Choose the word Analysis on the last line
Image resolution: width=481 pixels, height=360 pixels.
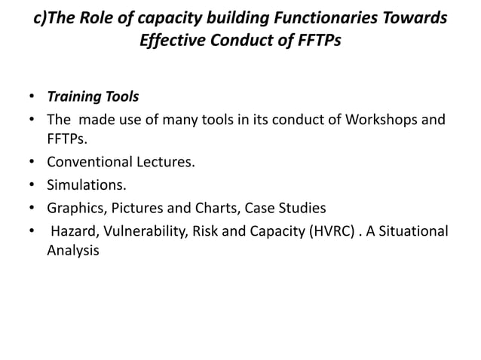(72, 250)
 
